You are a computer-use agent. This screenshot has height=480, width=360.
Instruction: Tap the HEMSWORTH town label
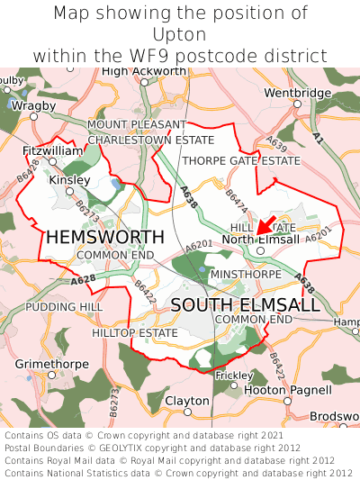(x=105, y=237)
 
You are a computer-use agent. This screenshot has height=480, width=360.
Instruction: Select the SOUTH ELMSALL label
(x=245, y=305)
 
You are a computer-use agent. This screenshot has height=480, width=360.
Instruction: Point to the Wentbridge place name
(x=298, y=93)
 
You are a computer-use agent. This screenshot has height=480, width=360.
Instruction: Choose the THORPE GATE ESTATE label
(x=241, y=160)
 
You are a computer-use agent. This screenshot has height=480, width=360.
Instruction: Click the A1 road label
(x=318, y=137)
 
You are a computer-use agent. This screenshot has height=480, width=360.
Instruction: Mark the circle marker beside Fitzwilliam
(x=53, y=162)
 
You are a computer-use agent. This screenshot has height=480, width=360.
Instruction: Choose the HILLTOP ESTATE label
(x=135, y=332)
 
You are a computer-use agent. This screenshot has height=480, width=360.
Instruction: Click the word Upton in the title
(x=180, y=34)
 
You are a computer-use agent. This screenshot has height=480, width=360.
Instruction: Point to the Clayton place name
(x=187, y=400)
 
